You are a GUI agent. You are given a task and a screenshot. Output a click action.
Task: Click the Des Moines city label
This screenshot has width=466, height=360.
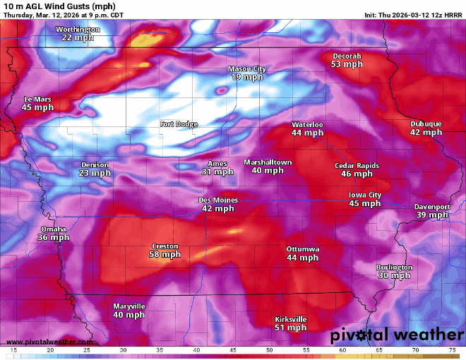click(x=218, y=200)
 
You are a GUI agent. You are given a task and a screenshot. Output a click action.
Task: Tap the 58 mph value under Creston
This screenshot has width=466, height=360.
click(x=165, y=255)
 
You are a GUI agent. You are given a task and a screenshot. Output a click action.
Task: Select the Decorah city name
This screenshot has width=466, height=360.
click(x=347, y=56)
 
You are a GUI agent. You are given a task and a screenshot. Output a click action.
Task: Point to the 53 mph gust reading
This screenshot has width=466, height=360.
click(x=347, y=64)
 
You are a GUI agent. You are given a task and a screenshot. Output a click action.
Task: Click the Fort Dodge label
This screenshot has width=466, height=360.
click(x=179, y=124)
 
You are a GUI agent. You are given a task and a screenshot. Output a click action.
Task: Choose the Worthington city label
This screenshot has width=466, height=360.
click(x=78, y=29)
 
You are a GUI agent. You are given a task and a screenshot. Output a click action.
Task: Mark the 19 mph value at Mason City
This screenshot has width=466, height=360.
click(x=246, y=77)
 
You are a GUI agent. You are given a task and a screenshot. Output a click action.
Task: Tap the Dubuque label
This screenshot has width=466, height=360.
click(x=426, y=124)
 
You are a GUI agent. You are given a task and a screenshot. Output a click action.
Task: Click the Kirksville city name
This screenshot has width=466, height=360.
click(x=290, y=319)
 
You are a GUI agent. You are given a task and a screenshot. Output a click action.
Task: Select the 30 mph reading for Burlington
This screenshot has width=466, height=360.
click(x=394, y=276)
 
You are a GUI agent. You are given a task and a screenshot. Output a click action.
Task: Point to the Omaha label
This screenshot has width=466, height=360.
click(x=53, y=229)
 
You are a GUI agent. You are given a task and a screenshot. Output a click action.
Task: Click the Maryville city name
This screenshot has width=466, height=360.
click(x=129, y=306)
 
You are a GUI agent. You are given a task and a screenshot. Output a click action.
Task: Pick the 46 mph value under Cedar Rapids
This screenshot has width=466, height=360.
click(x=357, y=174)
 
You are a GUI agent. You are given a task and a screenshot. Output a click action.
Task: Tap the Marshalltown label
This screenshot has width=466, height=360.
click(x=268, y=162)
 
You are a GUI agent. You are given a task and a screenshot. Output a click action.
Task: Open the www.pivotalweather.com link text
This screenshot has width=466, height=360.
click(x=43, y=342)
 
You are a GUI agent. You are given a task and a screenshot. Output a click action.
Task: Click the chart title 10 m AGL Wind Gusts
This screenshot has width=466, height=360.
click(x=52, y=6)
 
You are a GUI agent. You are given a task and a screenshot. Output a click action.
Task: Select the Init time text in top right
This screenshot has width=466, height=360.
click(x=413, y=15)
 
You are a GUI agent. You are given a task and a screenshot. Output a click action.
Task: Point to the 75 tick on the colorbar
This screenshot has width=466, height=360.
click(x=452, y=350)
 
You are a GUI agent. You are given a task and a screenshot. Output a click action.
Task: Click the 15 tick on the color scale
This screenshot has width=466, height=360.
click(x=13, y=350)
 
